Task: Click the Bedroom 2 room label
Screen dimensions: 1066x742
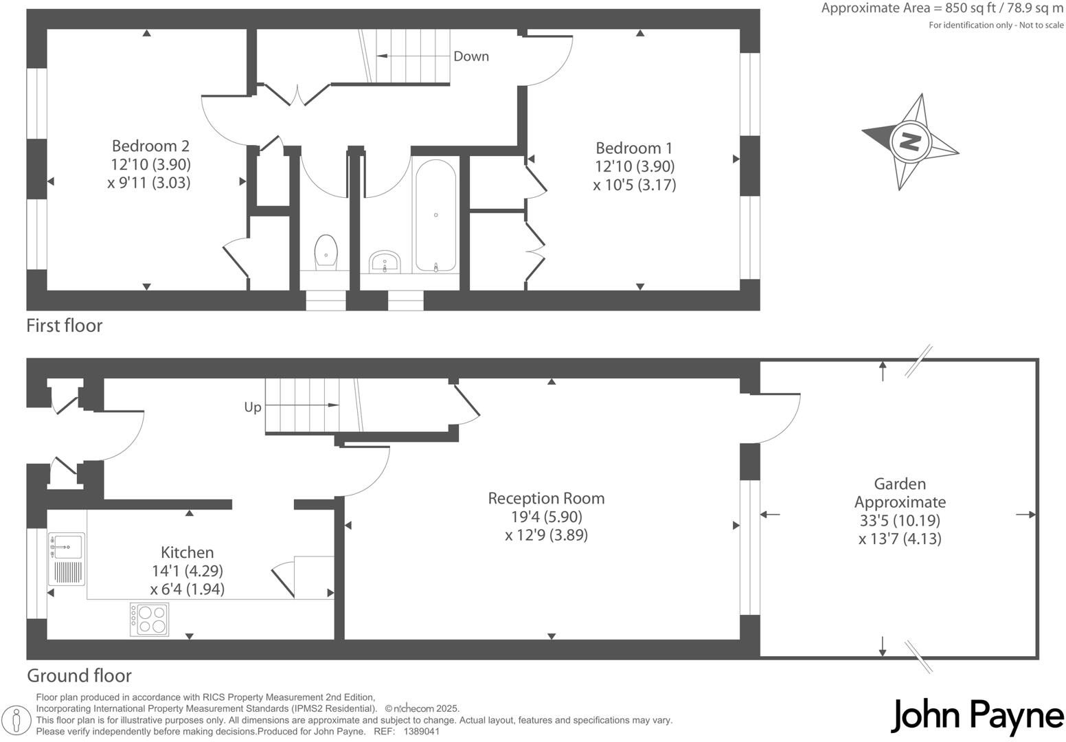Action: (x=150, y=146)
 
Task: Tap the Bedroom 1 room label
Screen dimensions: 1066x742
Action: (x=634, y=148)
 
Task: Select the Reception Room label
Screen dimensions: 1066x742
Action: (x=546, y=498)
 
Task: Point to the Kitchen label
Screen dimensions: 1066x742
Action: (x=187, y=552)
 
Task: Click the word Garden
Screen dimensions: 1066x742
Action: (x=900, y=484)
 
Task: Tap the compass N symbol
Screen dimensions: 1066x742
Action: (x=910, y=142)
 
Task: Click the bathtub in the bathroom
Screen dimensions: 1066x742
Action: (x=436, y=215)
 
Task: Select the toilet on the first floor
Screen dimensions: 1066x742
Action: (x=326, y=252)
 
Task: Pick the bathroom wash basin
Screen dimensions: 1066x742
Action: (x=385, y=262)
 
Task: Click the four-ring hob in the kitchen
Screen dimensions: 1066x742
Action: (x=150, y=619)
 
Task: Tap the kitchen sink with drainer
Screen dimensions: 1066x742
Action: (x=67, y=559)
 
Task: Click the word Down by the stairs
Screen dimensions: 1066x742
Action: (x=471, y=56)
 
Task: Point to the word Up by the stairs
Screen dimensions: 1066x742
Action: (x=253, y=407)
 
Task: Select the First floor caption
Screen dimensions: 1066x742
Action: (x=65, y=326)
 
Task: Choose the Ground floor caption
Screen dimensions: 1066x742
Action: (x=79, y=675)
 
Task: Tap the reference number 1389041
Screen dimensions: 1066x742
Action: (x=422, y=732)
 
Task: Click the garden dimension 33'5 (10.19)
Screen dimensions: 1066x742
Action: (x=900, y=520)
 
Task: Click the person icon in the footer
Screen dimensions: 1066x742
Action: (x=16, y=719)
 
